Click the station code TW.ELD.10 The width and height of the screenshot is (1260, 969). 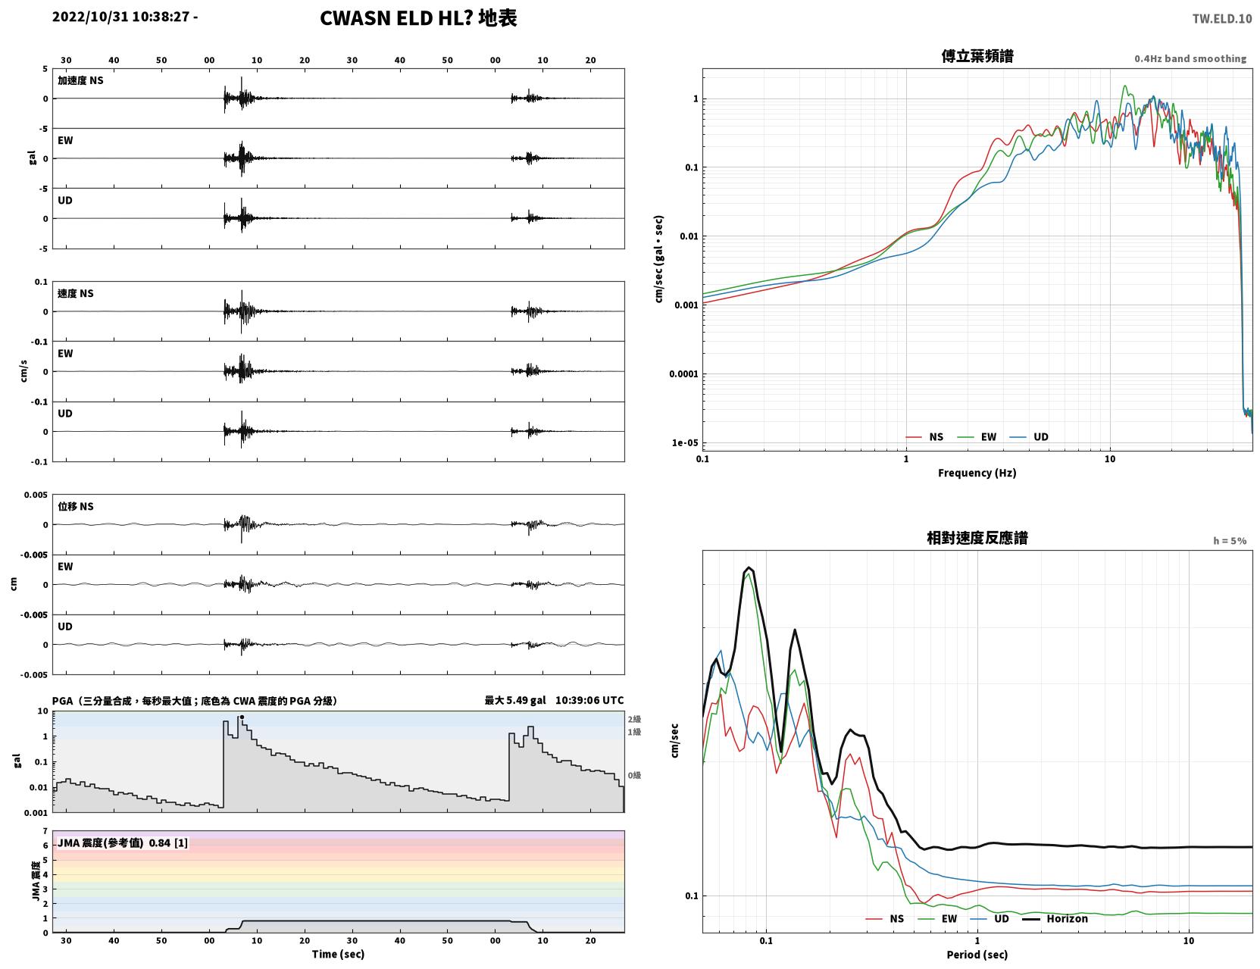coord(1221,19)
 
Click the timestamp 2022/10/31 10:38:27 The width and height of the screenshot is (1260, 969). coord(120,17)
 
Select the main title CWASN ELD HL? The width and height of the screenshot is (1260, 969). coord(396,18)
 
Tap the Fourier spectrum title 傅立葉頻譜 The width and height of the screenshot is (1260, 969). coord(977,56)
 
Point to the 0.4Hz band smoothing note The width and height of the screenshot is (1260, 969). coord(1190,58)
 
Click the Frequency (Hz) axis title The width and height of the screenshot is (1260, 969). coord(977,473)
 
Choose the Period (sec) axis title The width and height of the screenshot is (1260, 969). coord(977,955)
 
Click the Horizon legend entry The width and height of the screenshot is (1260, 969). coord(1055,918)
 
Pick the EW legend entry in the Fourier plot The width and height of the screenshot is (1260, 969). coord(977,437)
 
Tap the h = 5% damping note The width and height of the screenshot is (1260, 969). coord(1229,541)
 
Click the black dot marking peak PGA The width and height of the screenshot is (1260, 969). coord(242,717)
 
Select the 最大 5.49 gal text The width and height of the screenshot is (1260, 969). coord(515,700)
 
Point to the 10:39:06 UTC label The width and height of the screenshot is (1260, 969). coord(589,700)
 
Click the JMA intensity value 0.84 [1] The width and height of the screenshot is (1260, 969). coord(168,842)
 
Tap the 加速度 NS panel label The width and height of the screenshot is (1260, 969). coord(80,80)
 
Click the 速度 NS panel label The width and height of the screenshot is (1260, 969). coord(75,293)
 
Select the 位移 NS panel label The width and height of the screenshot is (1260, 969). coord(75,507)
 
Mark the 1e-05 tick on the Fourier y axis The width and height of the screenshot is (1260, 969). coord(685,442)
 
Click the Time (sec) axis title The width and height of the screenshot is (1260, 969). coord(338,954)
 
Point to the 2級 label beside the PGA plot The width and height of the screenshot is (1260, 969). coord(634,719)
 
